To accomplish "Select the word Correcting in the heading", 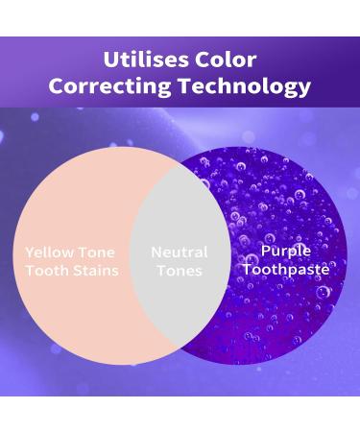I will tap(107, 86).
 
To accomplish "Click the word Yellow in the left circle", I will tap(49, 252).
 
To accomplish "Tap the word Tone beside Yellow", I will tap(96, 252).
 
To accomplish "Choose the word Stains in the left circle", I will tap(97, 271).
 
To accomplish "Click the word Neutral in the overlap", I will tap(179, 252).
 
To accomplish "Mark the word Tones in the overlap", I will tap(179, 271).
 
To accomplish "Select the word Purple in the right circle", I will tap(286, 251).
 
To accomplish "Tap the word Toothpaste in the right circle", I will tap(286, 269).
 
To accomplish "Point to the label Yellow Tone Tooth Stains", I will tap(72, 261).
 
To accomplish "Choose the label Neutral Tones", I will tap(179, 261).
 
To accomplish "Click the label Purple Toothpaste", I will tap(286, 259).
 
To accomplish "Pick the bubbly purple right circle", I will tap(288, 192).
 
